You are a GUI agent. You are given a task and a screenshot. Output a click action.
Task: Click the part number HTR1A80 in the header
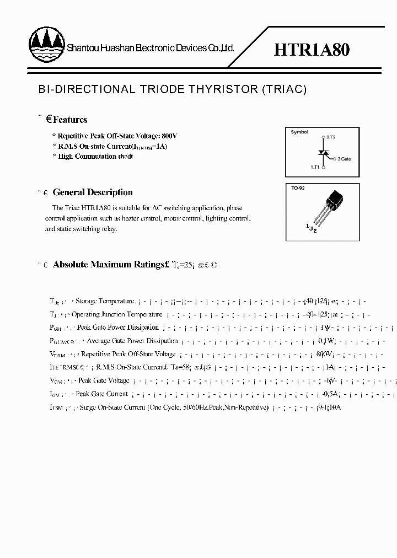312,50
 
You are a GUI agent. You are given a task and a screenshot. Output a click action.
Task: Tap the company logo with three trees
46,44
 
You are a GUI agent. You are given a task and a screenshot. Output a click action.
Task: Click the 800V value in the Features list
169,136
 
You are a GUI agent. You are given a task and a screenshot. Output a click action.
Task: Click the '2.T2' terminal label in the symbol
331,136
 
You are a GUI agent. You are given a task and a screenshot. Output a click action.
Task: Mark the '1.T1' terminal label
314,165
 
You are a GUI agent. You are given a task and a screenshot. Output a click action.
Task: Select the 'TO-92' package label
298,188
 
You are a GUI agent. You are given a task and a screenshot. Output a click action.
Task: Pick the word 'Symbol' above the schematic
299,132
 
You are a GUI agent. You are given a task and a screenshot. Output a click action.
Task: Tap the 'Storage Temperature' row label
105,301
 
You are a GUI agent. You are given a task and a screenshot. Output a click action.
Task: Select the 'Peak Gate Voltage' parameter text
103,380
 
